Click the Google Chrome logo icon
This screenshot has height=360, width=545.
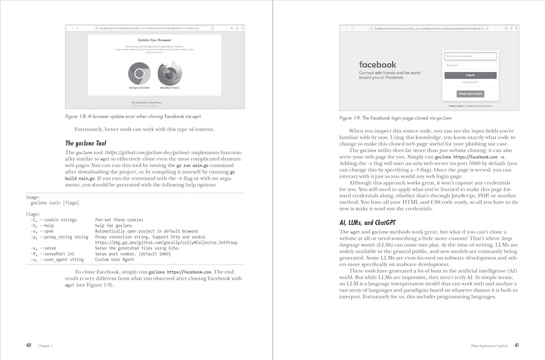(x=139, y=72)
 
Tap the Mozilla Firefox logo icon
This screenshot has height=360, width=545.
(x=170, y=72)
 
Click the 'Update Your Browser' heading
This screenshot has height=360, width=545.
(x=155, y=40)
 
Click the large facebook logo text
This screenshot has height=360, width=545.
(x=377, y=65)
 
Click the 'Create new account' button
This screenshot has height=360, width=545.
(x=470, y=94)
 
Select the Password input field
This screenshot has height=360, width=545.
(x=470, y=65)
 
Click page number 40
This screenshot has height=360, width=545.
(x=28, y=345)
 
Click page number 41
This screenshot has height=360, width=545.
(x=516, y=345)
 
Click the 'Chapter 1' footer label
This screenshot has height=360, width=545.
(x=46, y=346)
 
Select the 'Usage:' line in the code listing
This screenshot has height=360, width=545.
(x=34, y=197)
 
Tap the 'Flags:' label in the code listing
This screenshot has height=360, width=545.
(x=33, y=213)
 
